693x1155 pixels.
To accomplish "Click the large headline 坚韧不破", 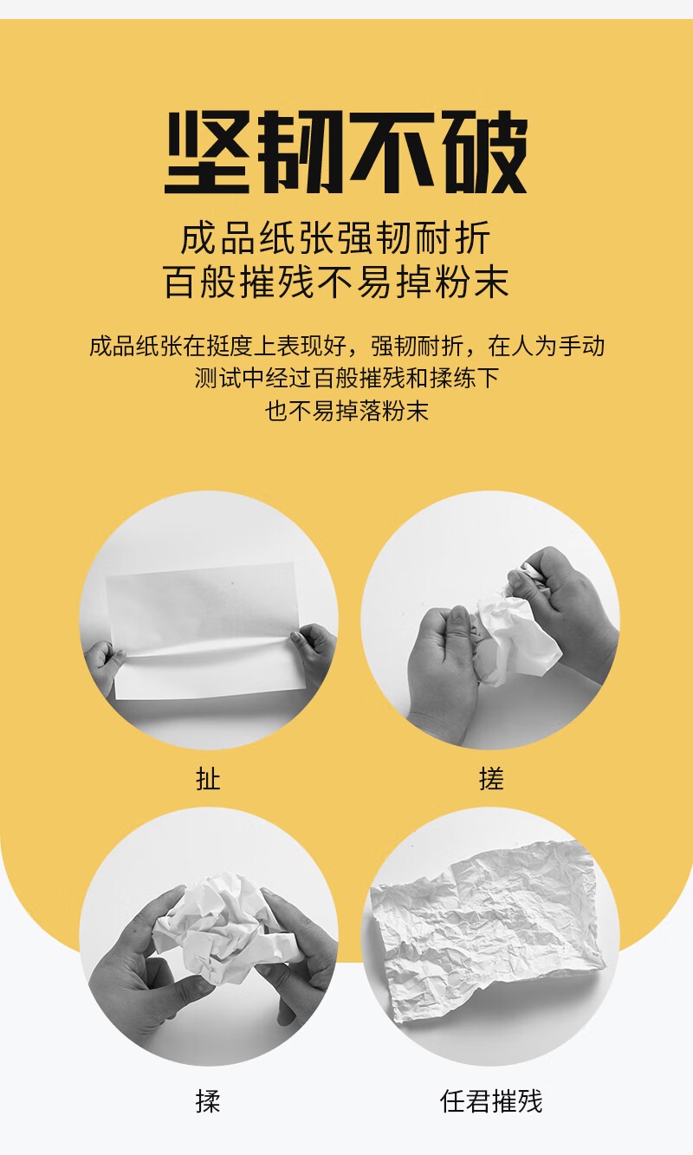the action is (x=346, y=152).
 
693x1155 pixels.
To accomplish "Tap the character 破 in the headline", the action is (x=485, y=152).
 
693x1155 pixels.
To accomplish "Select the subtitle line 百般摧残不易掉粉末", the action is (x=336, y=282).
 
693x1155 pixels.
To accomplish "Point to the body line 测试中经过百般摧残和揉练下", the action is (x=347, y=378).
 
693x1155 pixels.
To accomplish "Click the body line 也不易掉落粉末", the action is (x=347, y=412).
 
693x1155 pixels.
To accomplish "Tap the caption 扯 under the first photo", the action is (x=208, y=779).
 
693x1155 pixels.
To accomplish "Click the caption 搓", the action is (x=491, y=779).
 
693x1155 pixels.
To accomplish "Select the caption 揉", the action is (x=208, y=1101).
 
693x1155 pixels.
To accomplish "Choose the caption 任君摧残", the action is (x=491, y=1101).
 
